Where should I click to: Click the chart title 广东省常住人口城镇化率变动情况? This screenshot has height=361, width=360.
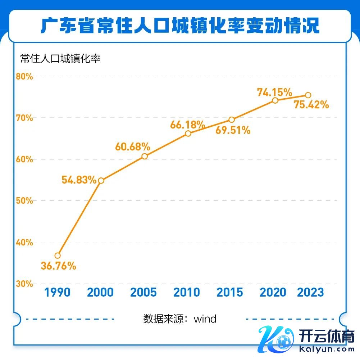180,26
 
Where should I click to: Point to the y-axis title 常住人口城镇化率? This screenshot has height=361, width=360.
60,59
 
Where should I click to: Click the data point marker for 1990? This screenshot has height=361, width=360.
58,256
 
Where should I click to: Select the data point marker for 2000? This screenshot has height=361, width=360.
101,180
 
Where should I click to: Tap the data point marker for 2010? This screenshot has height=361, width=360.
188,134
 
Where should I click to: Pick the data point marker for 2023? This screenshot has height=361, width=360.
308,95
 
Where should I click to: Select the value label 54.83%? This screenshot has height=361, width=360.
79,180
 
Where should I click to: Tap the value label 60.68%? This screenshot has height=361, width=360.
132,146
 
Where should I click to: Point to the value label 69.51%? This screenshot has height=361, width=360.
233,130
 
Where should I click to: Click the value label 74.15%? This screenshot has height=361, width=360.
274,92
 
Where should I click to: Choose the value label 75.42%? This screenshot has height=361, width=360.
311,105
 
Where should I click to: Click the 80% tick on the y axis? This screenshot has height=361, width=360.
24,77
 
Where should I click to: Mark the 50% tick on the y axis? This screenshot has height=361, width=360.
24,200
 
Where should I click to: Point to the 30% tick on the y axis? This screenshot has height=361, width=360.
24,284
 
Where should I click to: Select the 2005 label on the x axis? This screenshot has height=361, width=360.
143,292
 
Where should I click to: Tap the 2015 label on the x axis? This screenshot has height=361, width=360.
230,292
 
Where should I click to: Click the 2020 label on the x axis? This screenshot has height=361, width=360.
273,292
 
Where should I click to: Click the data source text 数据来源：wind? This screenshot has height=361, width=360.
180,319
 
